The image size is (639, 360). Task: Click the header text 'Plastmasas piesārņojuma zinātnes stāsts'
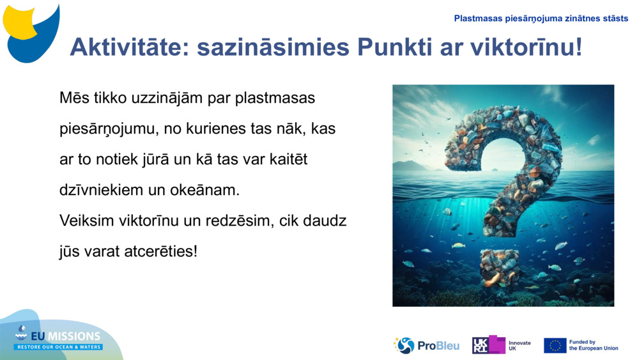(x=541, y=19)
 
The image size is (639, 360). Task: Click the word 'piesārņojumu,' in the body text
(x=109, y=129)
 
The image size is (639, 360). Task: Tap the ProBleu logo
(x=426, y=345)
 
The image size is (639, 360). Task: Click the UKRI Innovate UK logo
(x=501, y=345)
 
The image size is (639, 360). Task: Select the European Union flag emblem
(x=555, y=345)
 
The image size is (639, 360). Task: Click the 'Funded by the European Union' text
(x=593, y=345)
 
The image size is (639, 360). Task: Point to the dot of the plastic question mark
(x=500, y=265)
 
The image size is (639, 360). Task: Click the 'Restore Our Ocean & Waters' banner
(x=58, y=347)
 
